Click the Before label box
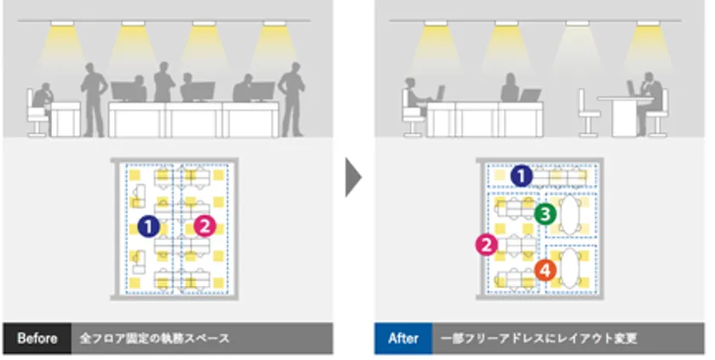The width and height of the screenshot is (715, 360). [37, 338]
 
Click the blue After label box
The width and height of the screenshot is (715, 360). [403, 338]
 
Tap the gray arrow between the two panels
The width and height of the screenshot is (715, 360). [353, 177]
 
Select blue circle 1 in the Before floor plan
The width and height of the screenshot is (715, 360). [149, 226]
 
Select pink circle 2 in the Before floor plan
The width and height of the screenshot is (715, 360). [204, 226]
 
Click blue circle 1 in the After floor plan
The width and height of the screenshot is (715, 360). [521, 176]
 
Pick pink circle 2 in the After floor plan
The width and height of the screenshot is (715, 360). [487, 245]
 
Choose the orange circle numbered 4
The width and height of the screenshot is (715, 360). [545, 271]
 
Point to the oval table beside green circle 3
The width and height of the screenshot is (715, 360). [570, 214]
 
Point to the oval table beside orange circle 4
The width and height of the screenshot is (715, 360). [570, 268]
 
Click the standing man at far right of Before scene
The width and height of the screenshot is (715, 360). [292, 100]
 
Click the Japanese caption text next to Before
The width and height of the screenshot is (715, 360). [155, 339]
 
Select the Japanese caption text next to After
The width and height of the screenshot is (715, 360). [539, 339]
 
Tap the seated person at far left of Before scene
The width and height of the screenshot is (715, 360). [43, 99]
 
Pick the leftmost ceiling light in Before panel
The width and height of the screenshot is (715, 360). [62, 23]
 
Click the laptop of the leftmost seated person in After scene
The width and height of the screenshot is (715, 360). [438, 94]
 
